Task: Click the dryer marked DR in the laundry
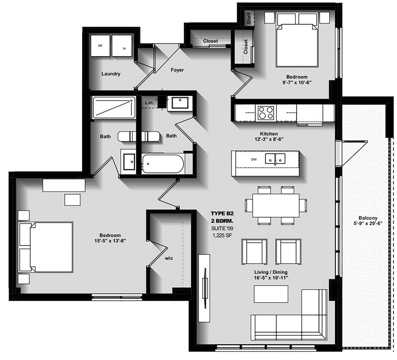pos(100,46)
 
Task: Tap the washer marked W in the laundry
pos(122,46)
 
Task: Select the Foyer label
pos(177,70)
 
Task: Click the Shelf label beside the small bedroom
pos(249,18)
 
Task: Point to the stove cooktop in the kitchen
pos(266,113)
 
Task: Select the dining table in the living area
pos(275,205)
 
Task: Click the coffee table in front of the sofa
pos(271,294)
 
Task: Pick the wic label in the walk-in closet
pos(169,258)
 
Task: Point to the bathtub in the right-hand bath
pos(163,164)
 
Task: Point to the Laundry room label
pos(111,74)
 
